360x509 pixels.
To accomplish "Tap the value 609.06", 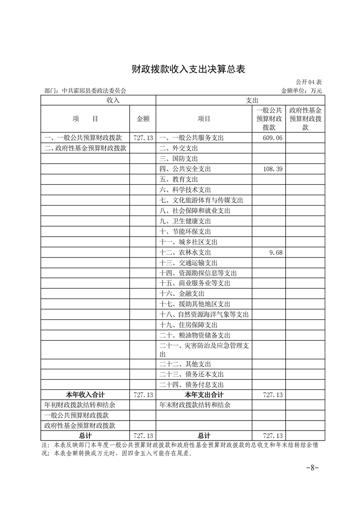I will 272,137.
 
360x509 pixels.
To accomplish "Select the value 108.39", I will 272,169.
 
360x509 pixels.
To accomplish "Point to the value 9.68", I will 276,252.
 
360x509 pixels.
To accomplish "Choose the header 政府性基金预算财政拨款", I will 305,119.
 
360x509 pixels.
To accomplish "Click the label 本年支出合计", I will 204,395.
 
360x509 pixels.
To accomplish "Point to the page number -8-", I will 312,467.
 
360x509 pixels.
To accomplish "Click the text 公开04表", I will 309,82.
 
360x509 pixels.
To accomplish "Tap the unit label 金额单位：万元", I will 301,90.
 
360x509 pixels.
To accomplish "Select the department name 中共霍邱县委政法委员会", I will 94,90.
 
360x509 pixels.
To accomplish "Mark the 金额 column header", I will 143,119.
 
